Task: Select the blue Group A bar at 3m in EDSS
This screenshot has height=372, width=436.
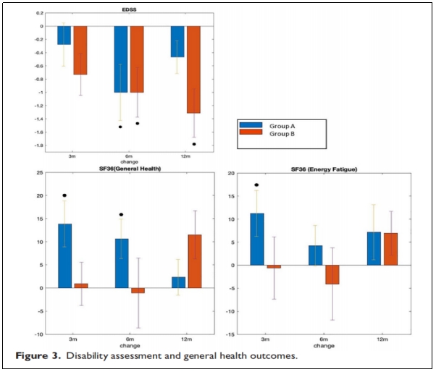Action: (x=64, y=35)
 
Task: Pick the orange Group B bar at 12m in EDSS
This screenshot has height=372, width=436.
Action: (x=193, y=69)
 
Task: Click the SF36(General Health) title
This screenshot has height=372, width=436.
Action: (x=122, y=169)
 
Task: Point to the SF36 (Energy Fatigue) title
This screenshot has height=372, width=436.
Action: (x=324, y=169)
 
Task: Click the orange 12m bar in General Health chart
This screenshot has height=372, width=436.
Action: (x=194, y=261)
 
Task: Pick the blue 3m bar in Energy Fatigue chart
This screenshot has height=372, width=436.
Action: (x=257, y=239)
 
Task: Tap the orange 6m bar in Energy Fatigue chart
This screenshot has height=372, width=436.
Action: (x=332, y=274)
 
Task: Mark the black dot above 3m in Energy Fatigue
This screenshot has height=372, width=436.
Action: (x=257, y=185)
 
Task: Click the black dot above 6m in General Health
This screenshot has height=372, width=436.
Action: (x=121, y=214)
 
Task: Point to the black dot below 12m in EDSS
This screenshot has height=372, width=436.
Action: (x=194, y=144)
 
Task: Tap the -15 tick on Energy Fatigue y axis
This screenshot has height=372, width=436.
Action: (x=230, y=334)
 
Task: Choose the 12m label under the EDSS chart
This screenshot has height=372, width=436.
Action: (x=185, y=156)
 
